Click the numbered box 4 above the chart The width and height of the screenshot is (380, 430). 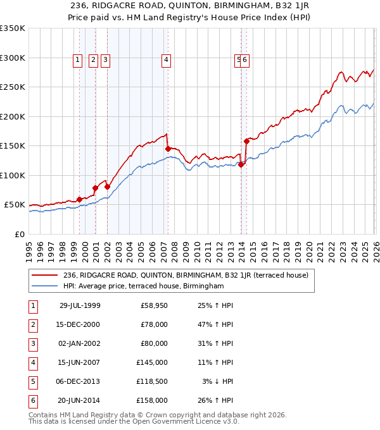click(x=166, y=60)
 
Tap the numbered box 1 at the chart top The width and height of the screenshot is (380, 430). click(x=77, y=60)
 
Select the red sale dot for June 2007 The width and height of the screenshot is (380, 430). click(x=168, y=149)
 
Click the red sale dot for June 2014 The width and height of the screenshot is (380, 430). click(x=246, y=141)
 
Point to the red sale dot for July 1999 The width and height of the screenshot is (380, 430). click(x=80, y=199)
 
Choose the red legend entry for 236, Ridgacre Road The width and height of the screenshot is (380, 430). click(x=185, y=275)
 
